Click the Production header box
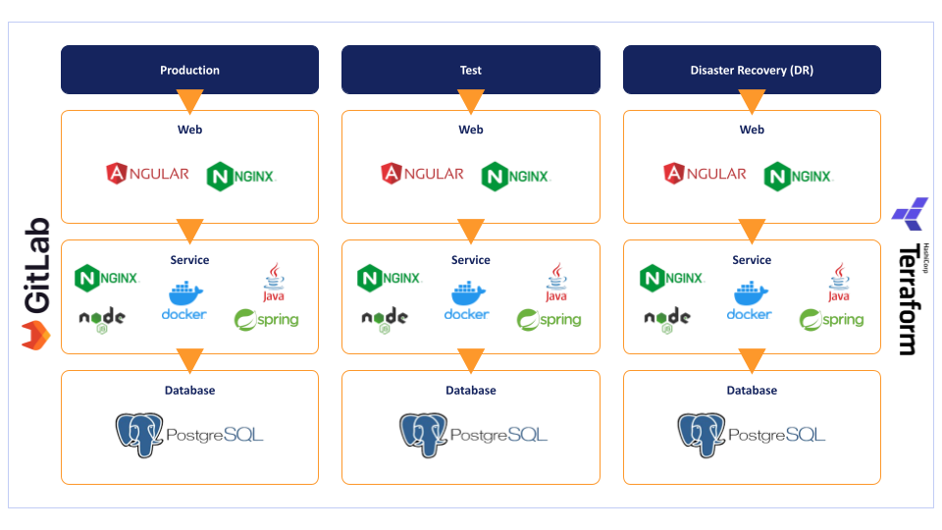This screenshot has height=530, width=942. coord(189,70)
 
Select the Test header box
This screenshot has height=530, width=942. coord(470,70)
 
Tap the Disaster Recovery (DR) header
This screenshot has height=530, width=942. coord(752,70)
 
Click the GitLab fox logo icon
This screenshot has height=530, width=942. coord(36,337)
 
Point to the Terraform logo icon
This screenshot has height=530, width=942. coord(910,212)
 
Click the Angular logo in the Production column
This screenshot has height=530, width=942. coord(147,174)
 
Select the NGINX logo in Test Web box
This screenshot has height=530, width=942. coord(516,177)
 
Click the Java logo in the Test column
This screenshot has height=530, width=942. coord(556,283)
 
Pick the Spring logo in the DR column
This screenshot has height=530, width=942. coord(831,319)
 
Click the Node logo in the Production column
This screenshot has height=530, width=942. coord(102,318)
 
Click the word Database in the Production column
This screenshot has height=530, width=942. coord(189,391)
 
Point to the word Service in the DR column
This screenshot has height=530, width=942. coord(752,260)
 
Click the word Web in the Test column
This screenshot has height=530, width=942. coord(471,130)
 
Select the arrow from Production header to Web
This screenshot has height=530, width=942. coord(189,101)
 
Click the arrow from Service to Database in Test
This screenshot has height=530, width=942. coord(471,360)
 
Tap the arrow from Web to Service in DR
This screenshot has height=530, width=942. coord(752,231)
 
